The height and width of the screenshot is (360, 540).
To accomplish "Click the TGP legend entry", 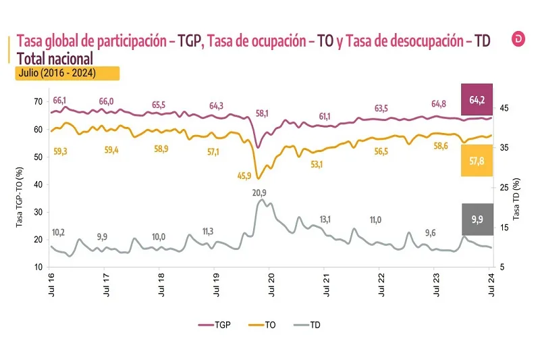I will click(x=217, y=325).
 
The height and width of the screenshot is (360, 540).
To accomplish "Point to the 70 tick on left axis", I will click(x=38, y=101).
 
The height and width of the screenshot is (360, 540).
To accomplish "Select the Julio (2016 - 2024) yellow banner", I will click(x=67, y=73).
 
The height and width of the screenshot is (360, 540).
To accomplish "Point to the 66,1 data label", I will click(x=59, y=101).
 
